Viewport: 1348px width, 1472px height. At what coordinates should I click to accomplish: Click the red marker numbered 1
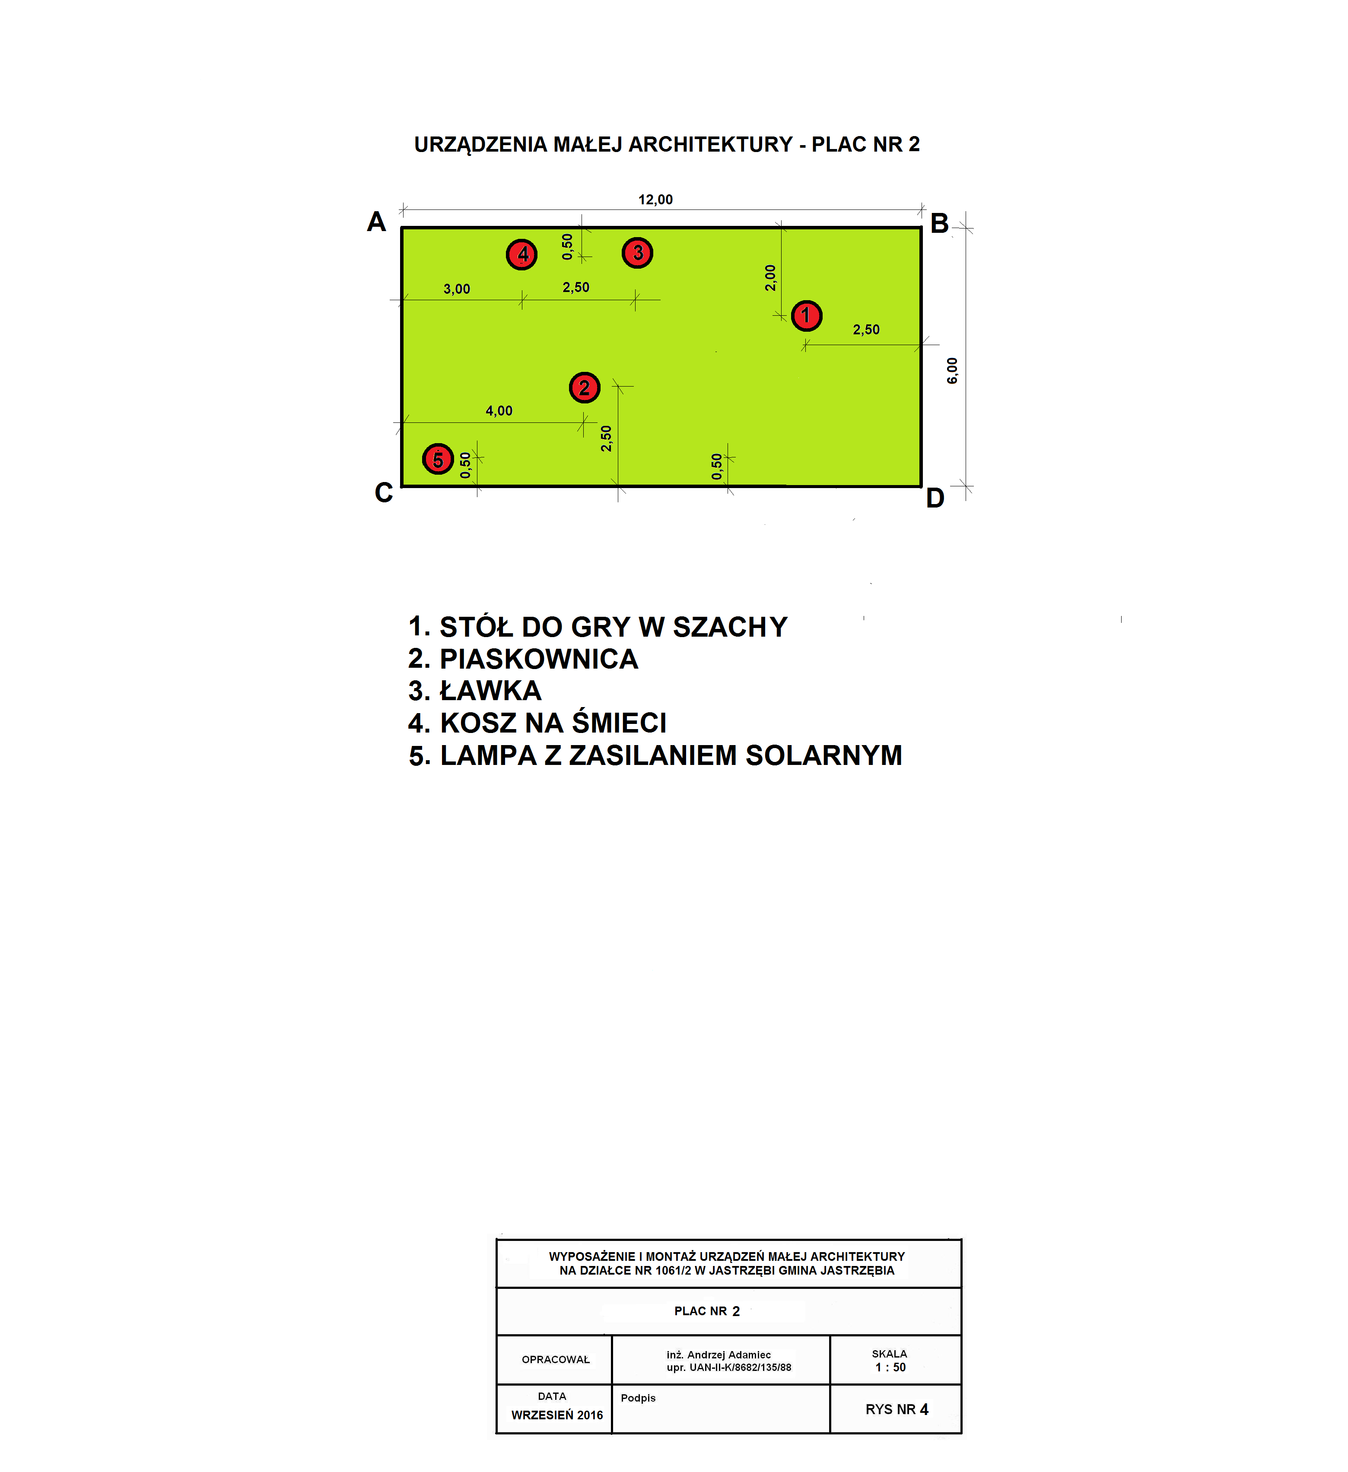click(806, 315)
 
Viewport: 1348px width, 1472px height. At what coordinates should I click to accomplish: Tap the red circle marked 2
click(584, 388)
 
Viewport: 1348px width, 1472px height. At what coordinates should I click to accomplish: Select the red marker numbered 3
click(637, 253)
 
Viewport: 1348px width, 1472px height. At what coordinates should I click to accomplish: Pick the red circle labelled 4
click(522, 254)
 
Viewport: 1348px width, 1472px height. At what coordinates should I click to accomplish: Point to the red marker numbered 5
click(438, 459)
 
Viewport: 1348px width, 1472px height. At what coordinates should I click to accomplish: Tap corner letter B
click(939, 223)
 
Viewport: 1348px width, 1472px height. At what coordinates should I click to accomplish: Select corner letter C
click(384, 493)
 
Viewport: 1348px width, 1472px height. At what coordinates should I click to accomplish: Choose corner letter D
click(935, 498)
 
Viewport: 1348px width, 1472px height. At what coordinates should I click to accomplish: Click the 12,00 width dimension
click(656, 200)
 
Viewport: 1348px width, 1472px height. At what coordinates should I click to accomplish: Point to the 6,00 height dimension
click(952, 371)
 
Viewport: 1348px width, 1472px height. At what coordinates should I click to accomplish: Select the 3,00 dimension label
click(457, 289)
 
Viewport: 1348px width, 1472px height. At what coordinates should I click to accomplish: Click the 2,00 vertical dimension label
click(770, 278)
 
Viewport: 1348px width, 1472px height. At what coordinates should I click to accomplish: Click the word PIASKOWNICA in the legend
click(539, 659)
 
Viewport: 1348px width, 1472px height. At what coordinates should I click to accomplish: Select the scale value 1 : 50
click(891, 1367)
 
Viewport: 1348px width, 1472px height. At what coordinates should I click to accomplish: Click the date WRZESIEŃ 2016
click(557, 1415)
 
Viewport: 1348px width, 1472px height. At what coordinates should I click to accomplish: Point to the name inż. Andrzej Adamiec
click(719, 1355)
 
